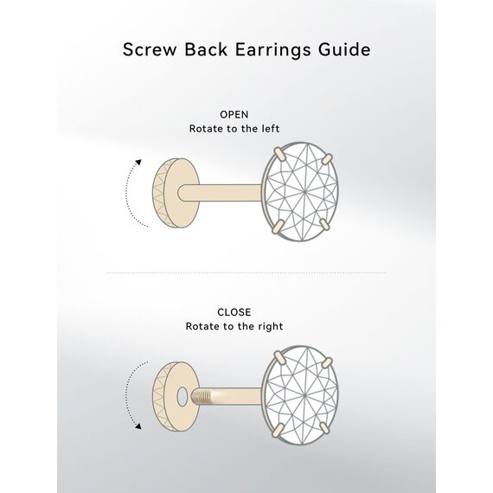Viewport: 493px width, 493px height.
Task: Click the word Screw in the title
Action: [150, 49]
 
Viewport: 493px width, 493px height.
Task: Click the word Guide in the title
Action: [344, 49]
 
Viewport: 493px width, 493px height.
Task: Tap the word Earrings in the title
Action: [272, 50]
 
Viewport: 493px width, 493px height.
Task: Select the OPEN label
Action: [234, 115]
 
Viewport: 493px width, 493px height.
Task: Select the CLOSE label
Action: [234, 312]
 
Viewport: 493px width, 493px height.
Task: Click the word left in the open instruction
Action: [271, 129]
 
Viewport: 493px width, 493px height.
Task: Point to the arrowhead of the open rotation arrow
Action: [138, 163]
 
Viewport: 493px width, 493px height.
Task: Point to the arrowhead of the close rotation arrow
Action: [138, 426]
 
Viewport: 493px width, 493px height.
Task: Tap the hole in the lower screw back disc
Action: [182, 397]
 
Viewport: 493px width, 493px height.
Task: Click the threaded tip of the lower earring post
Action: [198, 397]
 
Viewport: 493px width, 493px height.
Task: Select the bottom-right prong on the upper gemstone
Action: [324, 225]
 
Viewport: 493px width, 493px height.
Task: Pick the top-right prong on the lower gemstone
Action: [327, 362]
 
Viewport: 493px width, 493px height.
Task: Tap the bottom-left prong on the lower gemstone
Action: [278, 430]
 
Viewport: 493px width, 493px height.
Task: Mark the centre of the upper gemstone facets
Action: [304, 191]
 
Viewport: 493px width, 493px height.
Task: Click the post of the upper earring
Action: [220, 192]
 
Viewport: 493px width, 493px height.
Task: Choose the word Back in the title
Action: [206, 49]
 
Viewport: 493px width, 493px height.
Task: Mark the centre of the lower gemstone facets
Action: [304, 394]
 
